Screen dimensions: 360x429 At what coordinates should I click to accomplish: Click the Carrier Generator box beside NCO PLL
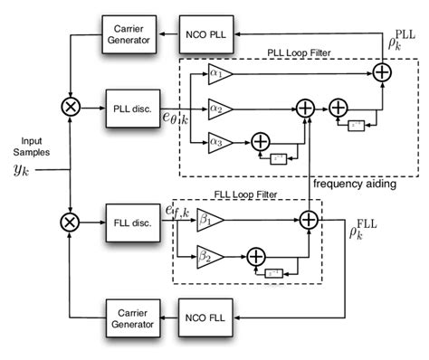point(128,33)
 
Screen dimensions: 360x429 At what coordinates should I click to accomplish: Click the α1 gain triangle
point(219,73)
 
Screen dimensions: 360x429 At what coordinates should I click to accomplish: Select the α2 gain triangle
point(219,107)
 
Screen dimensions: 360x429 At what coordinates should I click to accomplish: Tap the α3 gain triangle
point(218,140)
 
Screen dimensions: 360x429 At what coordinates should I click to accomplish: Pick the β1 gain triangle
point(208,219)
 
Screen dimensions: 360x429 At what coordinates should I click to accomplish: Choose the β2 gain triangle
point(208,256)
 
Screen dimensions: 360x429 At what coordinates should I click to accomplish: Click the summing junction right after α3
point(260,140)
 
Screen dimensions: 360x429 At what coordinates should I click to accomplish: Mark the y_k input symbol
point(20,168)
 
